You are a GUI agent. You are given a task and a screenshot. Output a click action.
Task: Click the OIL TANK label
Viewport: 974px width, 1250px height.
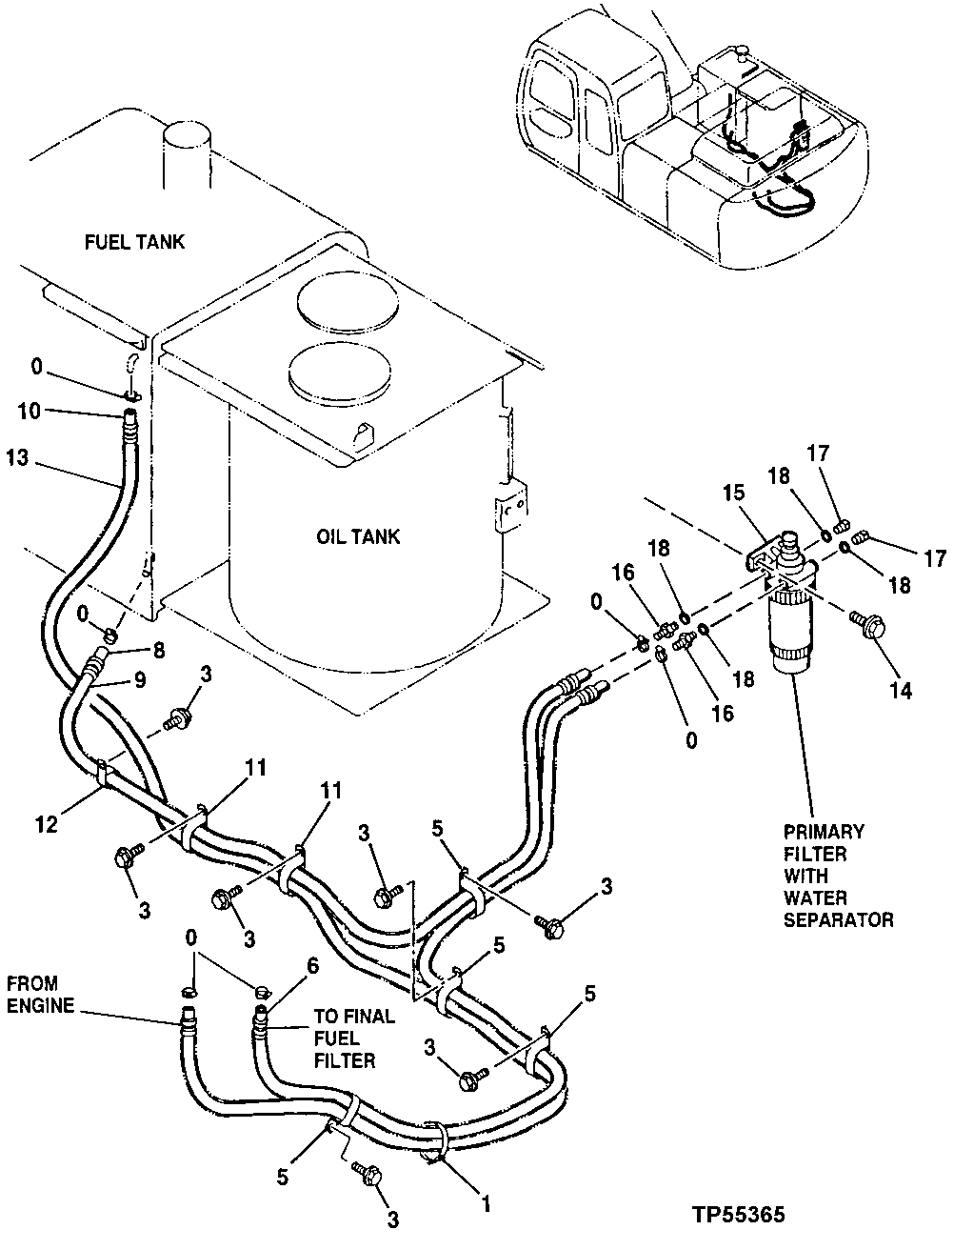pyautogui.click(x=358, y=536)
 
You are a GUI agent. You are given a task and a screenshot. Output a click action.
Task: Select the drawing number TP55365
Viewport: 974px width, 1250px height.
pyautogui.click(x=739, y=1216)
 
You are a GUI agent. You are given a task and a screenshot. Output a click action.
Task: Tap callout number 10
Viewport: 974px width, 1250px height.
pyautogui.click(x=28, y=412)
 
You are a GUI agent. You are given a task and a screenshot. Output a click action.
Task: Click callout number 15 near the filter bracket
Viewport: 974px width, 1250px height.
pyautogui.click(x=732, y=494)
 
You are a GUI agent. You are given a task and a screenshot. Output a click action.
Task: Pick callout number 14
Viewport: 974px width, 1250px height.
pyautogui.click(x=901, y=690)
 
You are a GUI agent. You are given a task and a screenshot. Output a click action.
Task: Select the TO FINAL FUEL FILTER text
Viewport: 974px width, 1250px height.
pyautogui.click(x=353, y=1038)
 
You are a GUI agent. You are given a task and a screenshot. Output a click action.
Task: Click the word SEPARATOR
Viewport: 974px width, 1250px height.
pyautogui.click(x=838, y=919)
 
